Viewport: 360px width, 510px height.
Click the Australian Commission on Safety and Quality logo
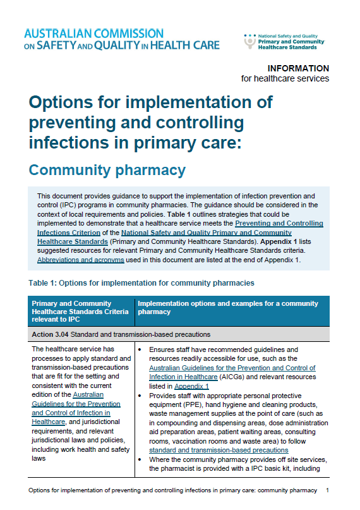121,39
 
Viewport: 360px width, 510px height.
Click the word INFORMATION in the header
298,68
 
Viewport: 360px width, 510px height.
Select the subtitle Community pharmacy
107,170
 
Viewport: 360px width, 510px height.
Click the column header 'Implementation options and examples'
227,308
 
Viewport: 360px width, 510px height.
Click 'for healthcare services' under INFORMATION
285,79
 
